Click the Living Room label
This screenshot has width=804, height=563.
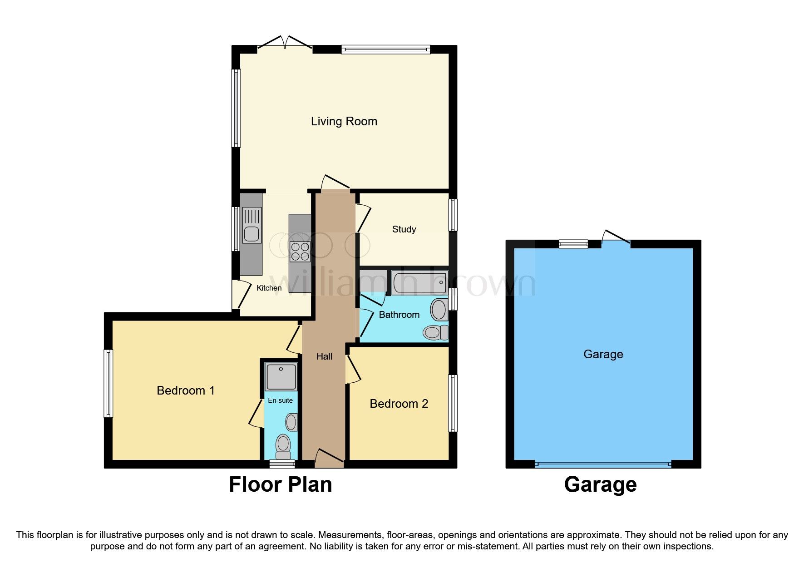pos(344,121)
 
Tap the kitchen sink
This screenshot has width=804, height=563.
pos(252,226)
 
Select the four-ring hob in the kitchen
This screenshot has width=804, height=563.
pos(300,252)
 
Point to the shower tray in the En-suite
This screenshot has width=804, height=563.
pos(281,376)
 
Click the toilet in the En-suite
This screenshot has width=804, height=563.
pos(283,445)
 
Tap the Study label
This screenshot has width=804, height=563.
pos(404,229)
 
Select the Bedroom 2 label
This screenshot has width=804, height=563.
pos(399,404)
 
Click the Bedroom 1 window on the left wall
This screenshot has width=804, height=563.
pos(108,383)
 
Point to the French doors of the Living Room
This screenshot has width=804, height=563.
pos(285,44)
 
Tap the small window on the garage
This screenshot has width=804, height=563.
pos(573,244)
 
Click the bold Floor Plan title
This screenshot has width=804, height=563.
pos(280,484)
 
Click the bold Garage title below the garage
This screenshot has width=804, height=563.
pos(600,484)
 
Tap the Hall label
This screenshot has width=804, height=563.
pos(324,356)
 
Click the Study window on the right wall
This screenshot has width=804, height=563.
pos(453,215)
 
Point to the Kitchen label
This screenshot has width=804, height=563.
pos(269,288)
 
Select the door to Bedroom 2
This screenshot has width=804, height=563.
pos(353,369)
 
